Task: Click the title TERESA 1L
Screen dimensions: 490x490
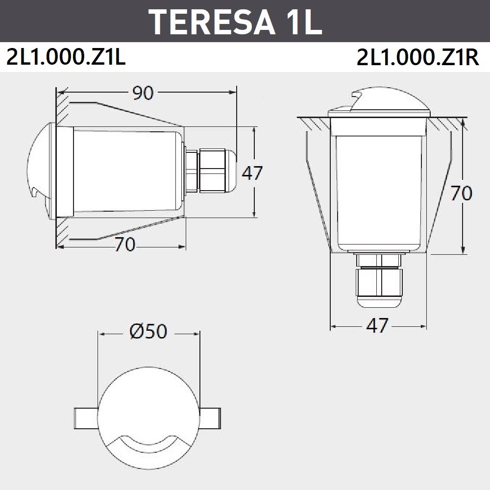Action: pyautogui.click(x=237, y=22)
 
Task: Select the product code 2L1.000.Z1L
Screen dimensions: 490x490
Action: pyautogui.click(x=66, y=57)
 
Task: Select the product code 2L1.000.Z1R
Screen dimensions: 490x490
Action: pyautogui.click(x=418, y=57)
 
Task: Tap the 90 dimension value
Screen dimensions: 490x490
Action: pyautogui.click(x=143, y=93)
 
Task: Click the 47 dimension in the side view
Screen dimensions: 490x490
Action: pyautogui.click(x=252, y=173)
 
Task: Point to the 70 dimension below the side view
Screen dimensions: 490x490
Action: pyautogui.click(x=124, y=245)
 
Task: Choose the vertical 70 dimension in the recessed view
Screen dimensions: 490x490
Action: pyautogui.click(x=461, y=193)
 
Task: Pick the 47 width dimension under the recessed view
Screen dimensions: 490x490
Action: pyautogui.click(x=377, y=325)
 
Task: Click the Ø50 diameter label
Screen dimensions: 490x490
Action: pyautogui.click(x=148, y=331)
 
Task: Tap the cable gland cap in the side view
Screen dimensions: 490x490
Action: pyautogui.click(x=231, y=171)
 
